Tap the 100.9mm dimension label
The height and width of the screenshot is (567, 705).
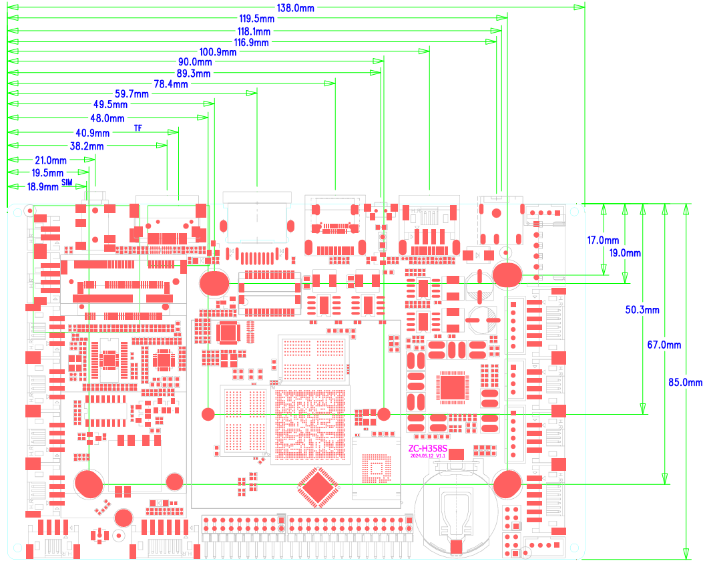[218, 52]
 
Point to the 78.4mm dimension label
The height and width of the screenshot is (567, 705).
[171, 84]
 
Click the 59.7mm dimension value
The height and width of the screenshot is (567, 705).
[132, 95]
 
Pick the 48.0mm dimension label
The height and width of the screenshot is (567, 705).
[107, 118]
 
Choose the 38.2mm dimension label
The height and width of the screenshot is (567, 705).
[87, 146]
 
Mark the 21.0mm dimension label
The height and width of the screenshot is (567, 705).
[50, 160]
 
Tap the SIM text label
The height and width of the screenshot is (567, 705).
[67, 182]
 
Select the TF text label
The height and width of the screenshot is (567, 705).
[138, 127]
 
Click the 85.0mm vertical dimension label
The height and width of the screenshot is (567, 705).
[686, 383]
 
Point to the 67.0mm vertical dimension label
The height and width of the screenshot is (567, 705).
[664, 345]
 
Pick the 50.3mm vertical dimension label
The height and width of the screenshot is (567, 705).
[642, 310]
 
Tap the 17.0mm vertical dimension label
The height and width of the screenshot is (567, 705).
[603, 240]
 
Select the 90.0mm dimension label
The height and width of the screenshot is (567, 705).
[194, 62]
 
